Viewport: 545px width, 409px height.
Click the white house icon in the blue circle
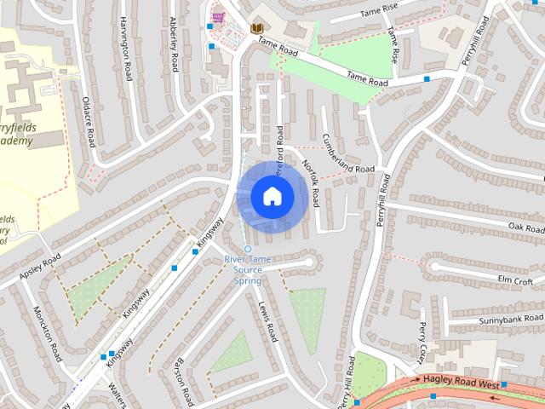(x=272, y=196)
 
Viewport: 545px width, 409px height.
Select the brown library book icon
(x=256, y=28)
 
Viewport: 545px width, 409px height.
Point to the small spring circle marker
(x=249, y=249)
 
